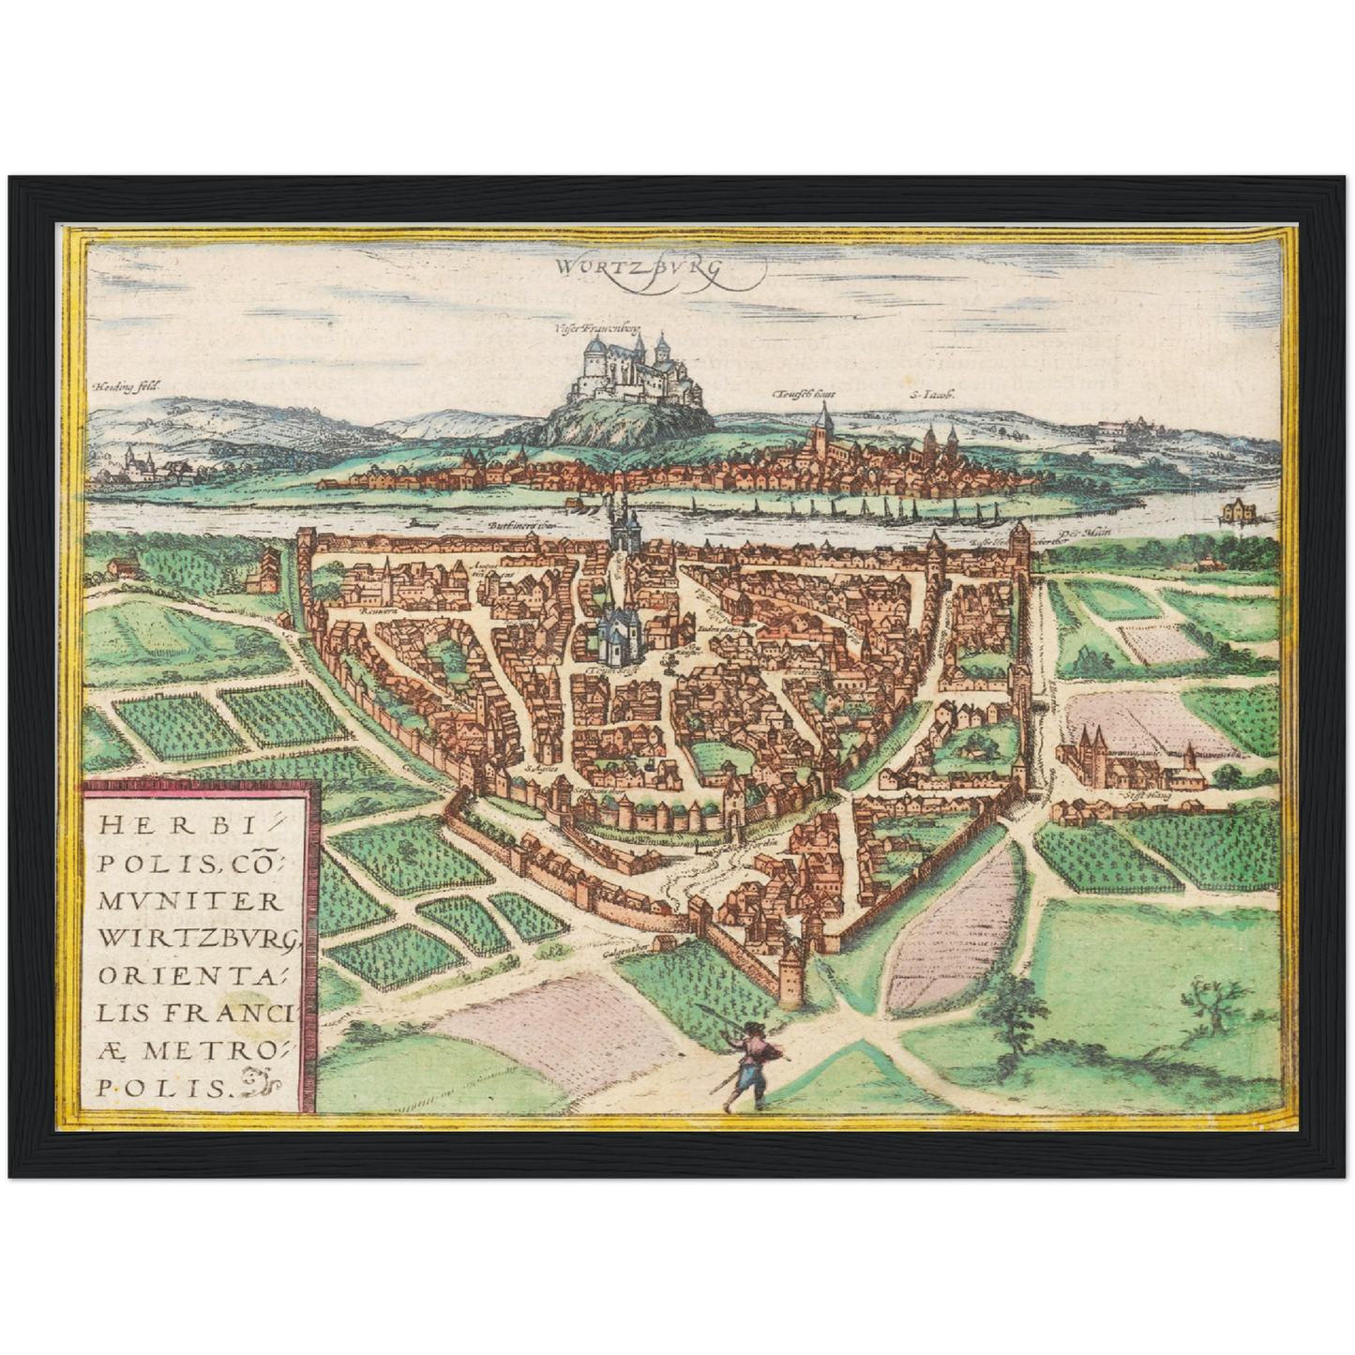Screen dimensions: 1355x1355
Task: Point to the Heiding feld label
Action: point(128,385)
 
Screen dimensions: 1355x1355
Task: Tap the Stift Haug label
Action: point(1137,798)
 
